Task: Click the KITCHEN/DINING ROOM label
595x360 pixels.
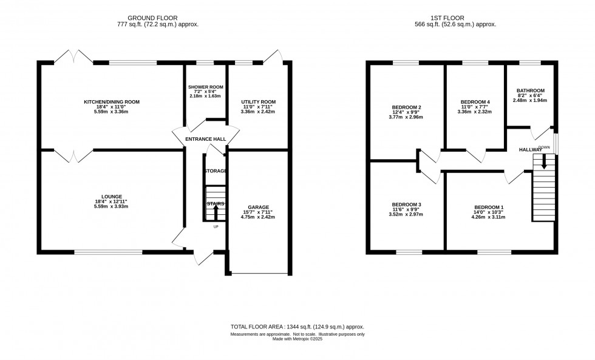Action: click(x=112, y=102)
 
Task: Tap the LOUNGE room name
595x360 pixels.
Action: click(x=112, y=197)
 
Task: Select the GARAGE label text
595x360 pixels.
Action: click(x=257, y=207)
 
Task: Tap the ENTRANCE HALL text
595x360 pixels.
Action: click(x=205, y=139)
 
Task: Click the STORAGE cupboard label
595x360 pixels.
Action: click(x=216, y=171)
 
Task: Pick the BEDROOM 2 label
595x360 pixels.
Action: click(x=406, y=107)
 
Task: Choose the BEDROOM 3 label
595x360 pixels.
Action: click(x=406, y=205)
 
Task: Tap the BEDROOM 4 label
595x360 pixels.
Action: click(x=474, y=102)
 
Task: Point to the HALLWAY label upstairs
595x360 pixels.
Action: click(x=530, y=150)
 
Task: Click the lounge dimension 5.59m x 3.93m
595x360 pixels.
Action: click(x=112, y=206)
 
